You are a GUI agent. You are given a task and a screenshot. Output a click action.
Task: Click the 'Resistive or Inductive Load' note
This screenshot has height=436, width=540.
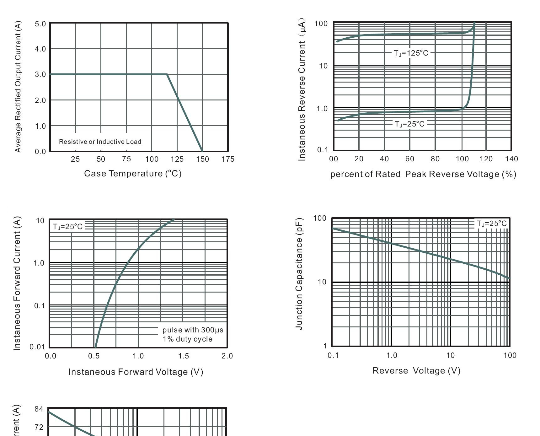[x=100, y=142]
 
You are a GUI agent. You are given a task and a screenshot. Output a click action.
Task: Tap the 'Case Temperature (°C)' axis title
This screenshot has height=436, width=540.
[x=133, y=174]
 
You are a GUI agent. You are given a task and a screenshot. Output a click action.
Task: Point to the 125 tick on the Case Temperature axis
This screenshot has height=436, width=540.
[x=177, y=159]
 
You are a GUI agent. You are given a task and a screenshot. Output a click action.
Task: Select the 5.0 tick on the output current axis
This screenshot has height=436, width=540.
[x=40, y=24]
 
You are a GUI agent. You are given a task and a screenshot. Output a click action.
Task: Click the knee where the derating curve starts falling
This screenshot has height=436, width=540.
[x=167, y=74]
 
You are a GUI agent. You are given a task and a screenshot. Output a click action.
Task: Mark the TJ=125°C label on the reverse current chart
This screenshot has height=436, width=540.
[x=411, y=53]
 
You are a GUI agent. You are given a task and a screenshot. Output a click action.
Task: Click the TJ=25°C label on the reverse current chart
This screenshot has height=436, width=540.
[x=409, y=124]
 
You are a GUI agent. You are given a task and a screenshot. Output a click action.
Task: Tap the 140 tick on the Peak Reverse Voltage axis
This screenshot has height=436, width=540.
[x=511, y=159]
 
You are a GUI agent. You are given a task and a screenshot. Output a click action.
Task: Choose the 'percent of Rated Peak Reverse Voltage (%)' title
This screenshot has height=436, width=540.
[x=423, y=174]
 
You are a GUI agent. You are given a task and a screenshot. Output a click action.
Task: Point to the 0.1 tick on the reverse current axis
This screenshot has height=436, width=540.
[x=322, y=150]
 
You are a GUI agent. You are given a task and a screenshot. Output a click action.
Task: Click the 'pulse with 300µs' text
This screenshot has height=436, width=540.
[x=193, y=330]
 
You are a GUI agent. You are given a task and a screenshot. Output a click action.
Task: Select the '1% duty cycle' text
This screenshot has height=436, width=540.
[x=187, y=339]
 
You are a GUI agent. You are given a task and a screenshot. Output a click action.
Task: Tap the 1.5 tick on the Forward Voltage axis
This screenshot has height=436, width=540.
[x=184, y=356]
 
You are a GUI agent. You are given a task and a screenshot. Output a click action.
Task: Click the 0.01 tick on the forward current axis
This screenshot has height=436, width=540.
[x=37, y=347]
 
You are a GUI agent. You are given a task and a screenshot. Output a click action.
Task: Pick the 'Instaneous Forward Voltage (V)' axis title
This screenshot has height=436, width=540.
[x=136, y=372]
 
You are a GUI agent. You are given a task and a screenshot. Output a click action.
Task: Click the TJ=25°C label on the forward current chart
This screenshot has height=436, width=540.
[x=67, y=227]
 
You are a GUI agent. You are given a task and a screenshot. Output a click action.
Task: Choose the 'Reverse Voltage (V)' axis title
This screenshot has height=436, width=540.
[x=416, y=371]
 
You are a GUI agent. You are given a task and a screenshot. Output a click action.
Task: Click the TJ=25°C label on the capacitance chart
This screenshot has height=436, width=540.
[x=491, y=223]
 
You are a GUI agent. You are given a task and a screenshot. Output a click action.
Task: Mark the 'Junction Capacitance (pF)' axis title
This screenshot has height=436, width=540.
[x=299, y=273]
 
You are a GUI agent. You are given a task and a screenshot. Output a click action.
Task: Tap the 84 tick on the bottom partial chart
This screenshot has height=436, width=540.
[x=39, y=409]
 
